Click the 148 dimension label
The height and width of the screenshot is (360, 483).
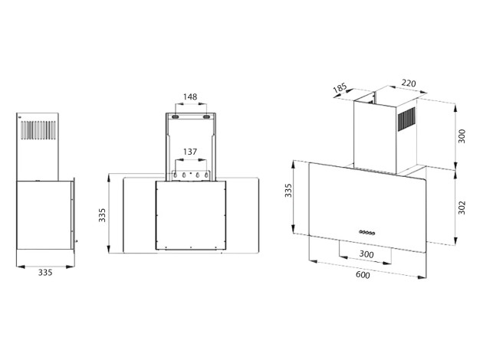point(190,97)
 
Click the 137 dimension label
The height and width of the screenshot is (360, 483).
point(190,152)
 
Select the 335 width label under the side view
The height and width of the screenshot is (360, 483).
point(45,273)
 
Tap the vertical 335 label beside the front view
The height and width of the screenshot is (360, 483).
point(102,215)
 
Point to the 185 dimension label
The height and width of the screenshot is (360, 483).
point(340,88)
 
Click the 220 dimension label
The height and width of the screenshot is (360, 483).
point(409,83)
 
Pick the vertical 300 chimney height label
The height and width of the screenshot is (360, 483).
point(462,136)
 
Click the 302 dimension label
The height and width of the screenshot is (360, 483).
point(462,208)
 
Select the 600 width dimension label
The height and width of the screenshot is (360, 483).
point(363,274)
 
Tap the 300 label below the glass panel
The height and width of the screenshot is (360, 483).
point(366,254)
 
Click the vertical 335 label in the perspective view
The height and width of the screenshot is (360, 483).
point(288,191)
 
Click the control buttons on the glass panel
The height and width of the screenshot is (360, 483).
point(367,232)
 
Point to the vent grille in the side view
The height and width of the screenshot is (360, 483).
point(38,130)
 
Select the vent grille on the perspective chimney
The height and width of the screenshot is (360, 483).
point(406,119)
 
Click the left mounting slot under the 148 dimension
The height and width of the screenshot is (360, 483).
point(176,117)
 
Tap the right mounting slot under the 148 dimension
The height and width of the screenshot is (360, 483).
point(206,117)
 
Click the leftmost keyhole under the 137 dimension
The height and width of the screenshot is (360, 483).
point(176,175)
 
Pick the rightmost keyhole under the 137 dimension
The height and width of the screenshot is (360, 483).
point(206,175)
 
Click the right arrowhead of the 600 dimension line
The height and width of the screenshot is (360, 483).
point(422,277)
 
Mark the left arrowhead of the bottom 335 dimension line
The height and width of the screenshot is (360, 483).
point(21,267)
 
